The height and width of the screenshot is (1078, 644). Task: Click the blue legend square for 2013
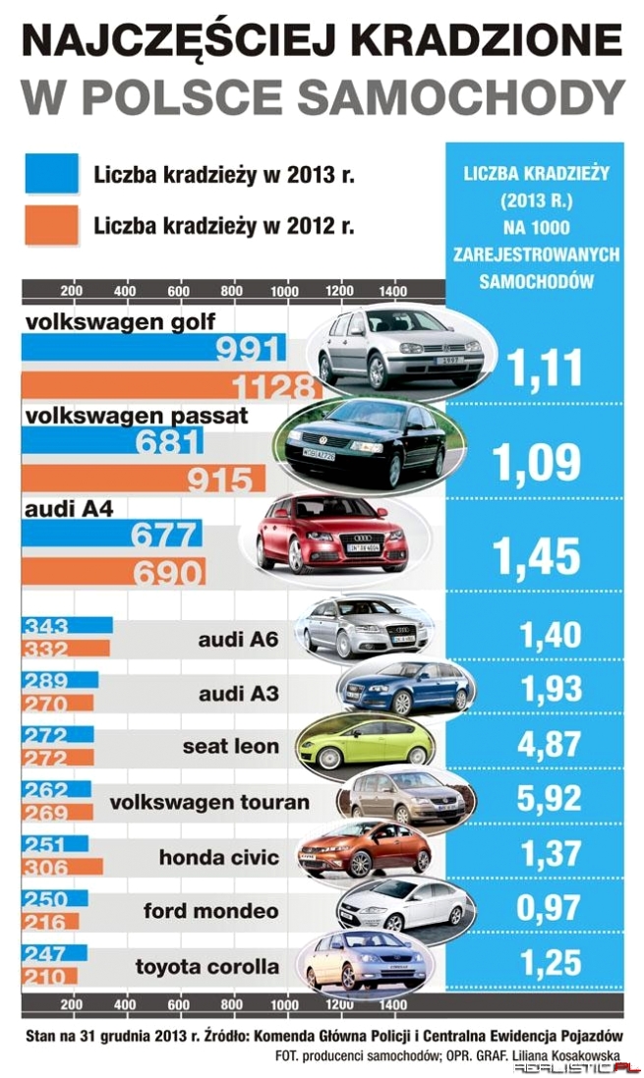coord(50,174)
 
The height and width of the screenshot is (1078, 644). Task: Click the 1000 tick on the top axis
coord(286,291)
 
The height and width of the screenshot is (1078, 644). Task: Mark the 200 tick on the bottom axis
coord(70,1006)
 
